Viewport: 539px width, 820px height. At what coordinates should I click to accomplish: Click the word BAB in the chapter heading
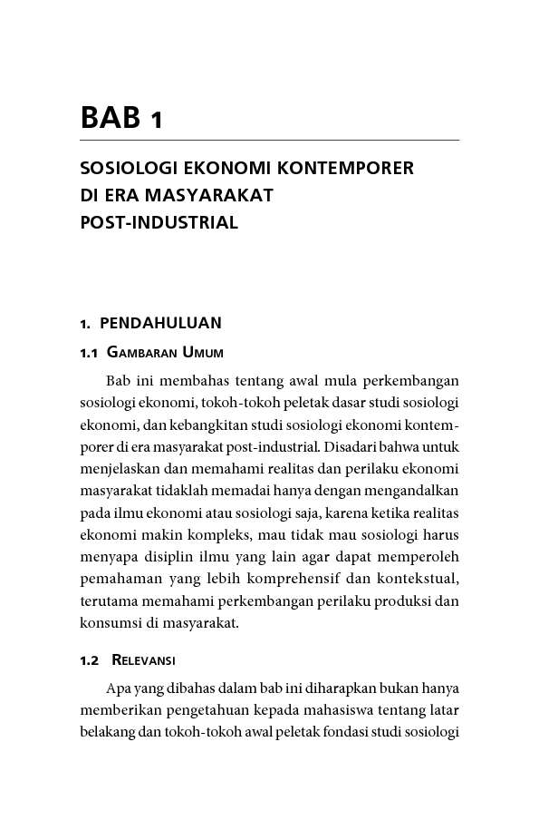click(x=109, y=118)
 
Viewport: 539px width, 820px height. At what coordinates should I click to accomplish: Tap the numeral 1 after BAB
click(x=156, y=120)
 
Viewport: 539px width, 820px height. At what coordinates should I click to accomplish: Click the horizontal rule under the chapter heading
click(x=269, y=141)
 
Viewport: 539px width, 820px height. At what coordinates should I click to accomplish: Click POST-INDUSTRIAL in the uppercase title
click(x=159, y=222)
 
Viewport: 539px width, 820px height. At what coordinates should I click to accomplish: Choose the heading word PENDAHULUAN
click(x=160, y=323)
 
